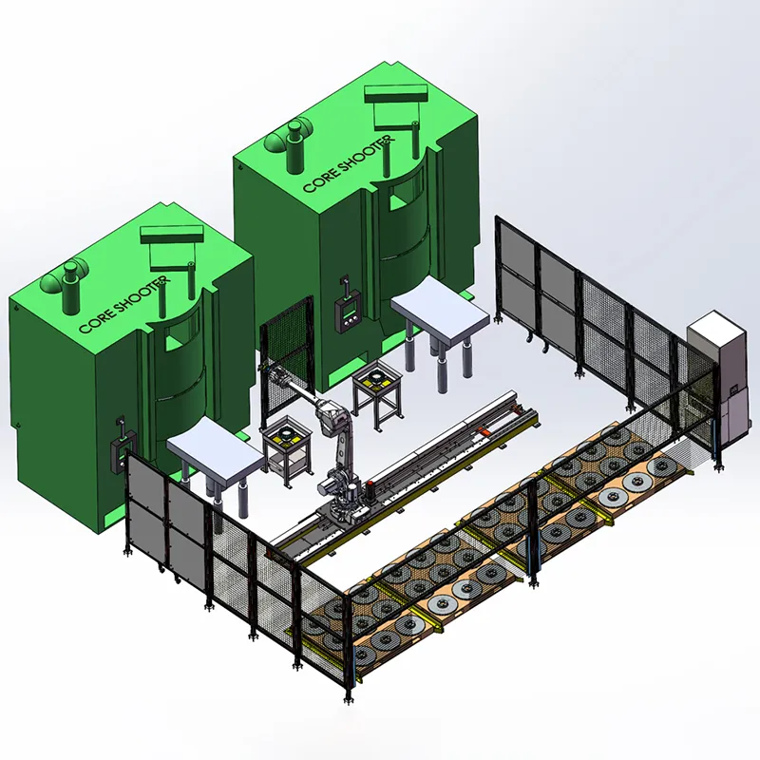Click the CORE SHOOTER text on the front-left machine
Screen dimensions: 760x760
124,305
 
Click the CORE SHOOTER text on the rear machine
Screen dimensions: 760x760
349,164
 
